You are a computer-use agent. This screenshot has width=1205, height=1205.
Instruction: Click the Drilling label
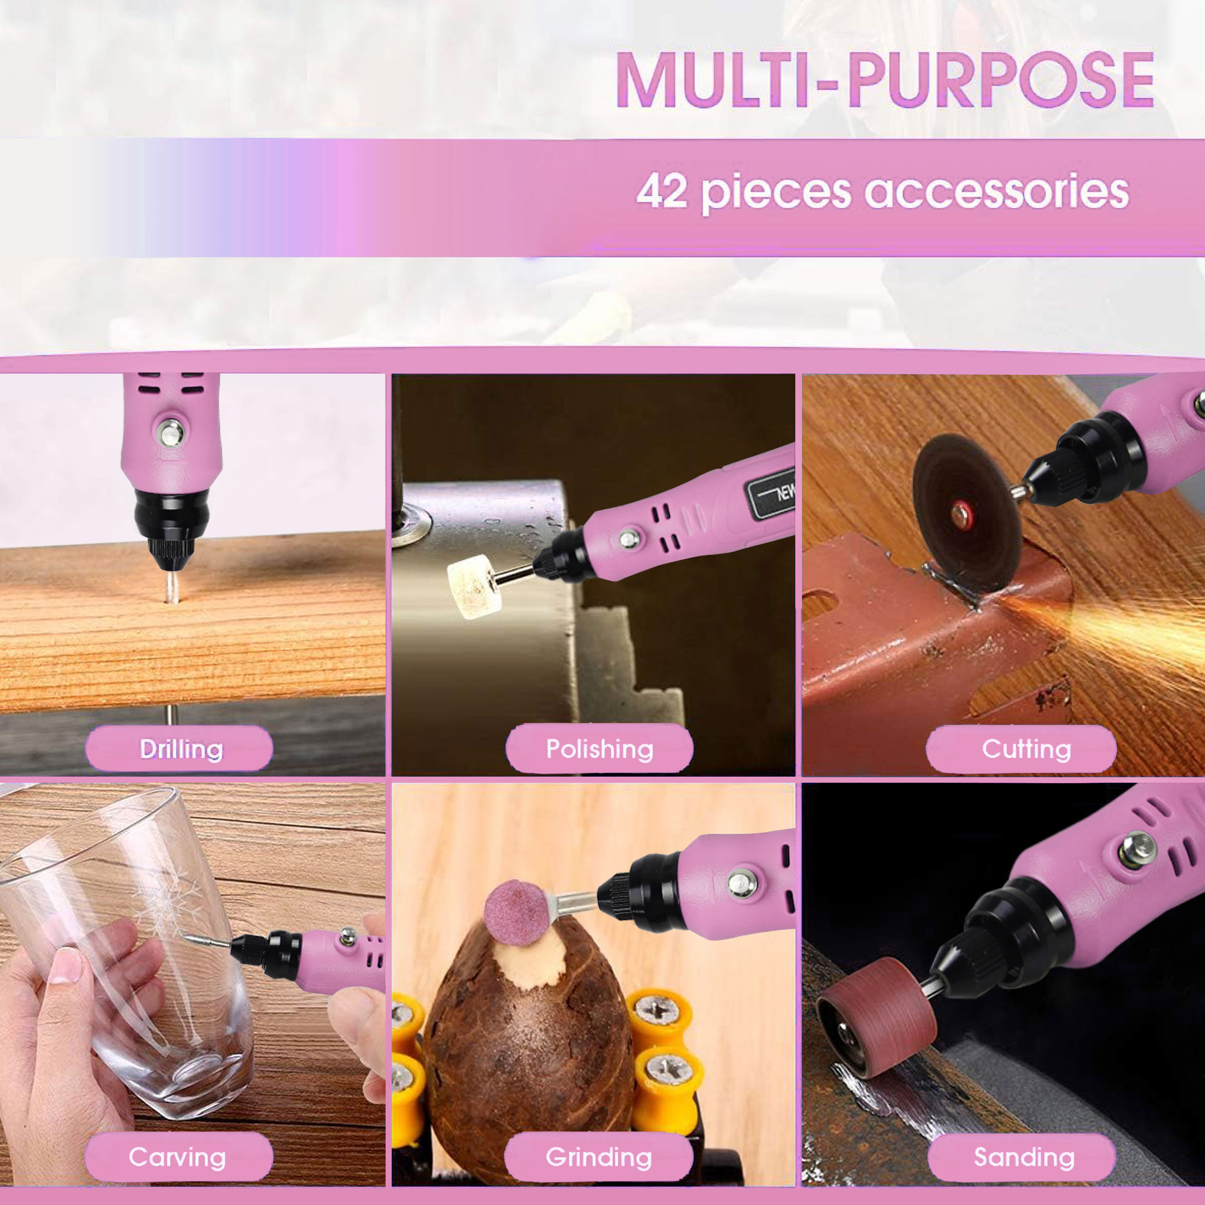click(180, 748)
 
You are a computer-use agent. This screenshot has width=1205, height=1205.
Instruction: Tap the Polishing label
click(599, 748)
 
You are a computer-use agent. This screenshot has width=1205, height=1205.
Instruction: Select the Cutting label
click(1026, 748)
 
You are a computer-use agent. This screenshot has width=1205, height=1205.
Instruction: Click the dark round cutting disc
click(967, 513)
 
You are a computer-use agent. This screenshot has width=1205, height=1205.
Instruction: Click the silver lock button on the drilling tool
click(170, 431)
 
